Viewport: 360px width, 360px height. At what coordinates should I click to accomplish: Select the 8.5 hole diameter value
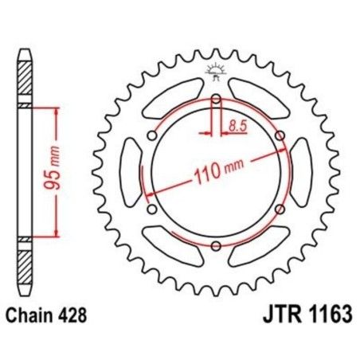click(x=237, y=124)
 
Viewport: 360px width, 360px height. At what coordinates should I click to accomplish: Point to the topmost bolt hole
click(x=215, y=100)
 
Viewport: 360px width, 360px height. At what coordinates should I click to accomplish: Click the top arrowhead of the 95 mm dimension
click(x=56, y=112)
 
